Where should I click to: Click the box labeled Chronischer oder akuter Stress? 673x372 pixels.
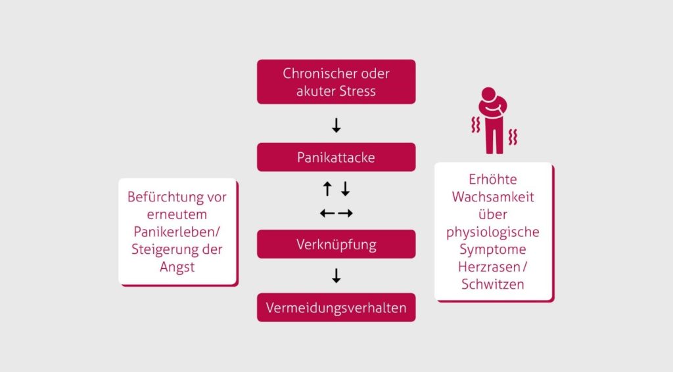(336, 82)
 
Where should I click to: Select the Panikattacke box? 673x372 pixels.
(336, 157)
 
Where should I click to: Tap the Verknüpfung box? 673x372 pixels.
(336, 245)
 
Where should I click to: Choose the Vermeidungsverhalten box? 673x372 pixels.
(336, 307)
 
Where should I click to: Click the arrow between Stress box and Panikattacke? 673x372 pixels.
(336, 125)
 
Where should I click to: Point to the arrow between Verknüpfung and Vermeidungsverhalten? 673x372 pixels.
(336, 276)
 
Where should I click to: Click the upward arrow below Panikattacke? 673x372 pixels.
(327, 190)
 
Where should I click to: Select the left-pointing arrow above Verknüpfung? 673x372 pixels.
(327, 213)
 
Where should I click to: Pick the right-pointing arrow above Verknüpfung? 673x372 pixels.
(346, 213)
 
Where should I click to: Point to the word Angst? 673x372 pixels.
(177, 267)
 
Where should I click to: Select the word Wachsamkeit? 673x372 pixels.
(492, 197)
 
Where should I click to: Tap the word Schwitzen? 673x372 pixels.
(492, 285)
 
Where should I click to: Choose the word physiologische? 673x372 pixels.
(492, 232)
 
